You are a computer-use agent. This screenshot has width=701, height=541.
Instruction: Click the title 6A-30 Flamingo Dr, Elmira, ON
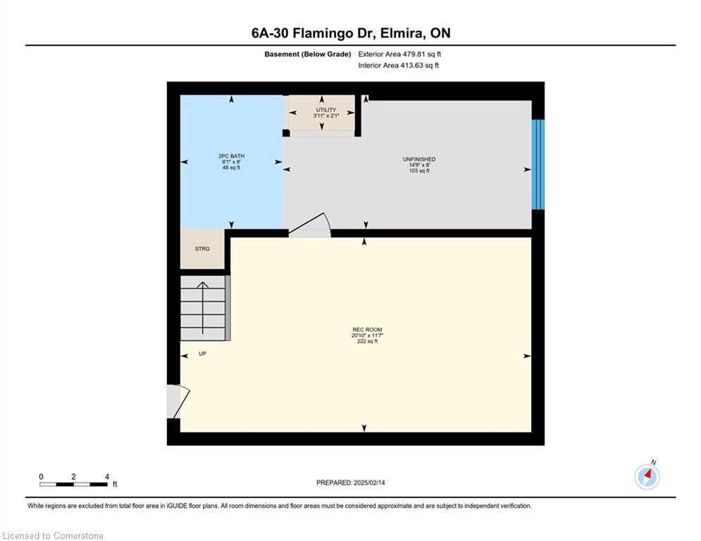pos(351,33)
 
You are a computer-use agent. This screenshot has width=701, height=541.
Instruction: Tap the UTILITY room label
pos(326,110)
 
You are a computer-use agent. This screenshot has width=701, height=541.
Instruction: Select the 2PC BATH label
pos(231,156)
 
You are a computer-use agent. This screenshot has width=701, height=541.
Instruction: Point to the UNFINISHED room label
pos(419,159)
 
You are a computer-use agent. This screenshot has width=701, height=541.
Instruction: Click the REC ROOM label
pos(367,330)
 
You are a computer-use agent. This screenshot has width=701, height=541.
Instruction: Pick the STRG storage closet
pos(202,249)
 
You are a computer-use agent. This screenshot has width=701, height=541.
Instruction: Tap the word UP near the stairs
pos(202,354)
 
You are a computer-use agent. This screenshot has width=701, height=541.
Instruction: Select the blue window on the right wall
pos(538,164)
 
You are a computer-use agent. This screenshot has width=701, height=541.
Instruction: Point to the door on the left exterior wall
pos(178,402)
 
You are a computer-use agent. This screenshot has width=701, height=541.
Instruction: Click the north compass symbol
pos(647,476)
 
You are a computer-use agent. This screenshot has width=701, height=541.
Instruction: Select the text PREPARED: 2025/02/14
pos(351,483)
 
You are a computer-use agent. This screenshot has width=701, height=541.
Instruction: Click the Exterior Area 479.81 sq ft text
pos(399,54)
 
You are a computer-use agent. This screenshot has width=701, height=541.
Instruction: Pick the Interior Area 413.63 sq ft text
pos(398,66)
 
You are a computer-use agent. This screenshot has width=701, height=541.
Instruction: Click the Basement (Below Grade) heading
pos(308,54)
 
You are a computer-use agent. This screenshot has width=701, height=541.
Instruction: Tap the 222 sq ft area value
pos(367,341)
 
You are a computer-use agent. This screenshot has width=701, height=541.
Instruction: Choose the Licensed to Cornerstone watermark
pos(53,535)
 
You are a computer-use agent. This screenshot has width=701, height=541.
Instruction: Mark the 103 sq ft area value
pos(419,170)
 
